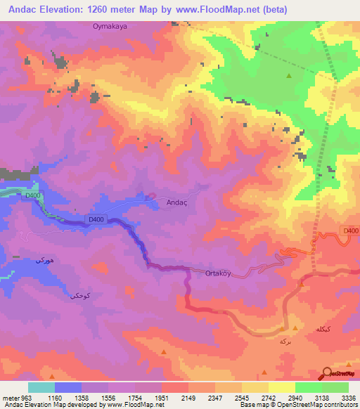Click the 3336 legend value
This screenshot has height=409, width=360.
349,397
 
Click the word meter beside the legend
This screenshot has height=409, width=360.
11,397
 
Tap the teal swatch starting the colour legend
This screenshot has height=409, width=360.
41,387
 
